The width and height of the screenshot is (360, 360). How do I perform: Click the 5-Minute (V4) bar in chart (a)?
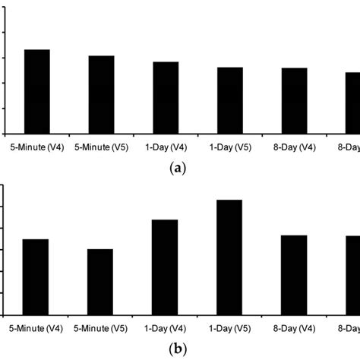[37, 91]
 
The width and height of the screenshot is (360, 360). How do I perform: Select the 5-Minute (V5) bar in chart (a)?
[101, 94]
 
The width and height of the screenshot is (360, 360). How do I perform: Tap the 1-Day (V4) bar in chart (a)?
[166, 97]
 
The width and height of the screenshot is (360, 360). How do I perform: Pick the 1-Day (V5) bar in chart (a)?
[230, 100]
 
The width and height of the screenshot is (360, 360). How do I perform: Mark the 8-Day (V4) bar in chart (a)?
[294, 100]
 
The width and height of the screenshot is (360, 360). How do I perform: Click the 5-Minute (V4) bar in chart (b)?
[36, 277]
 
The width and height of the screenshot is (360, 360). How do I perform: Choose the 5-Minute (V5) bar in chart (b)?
[100, 282]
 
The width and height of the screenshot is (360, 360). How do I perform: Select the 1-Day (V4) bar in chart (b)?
[165, 267]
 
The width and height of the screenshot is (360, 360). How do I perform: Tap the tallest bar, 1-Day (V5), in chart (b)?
[229, 257]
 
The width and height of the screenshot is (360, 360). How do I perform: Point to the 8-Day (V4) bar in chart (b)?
[294, 275]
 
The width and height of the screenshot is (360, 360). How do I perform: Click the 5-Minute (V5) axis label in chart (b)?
[100, 330]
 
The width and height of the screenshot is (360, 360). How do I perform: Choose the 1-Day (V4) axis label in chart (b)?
[165, 330]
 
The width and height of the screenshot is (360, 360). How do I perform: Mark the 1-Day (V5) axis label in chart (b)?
[229, 330]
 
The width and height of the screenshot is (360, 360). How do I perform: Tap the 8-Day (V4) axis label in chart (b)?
[294, 330]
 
